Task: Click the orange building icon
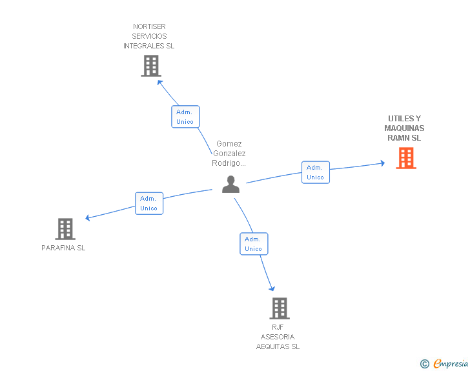click(406, 158)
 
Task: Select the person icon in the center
click(230, 185)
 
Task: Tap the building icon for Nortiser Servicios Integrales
click(151, 66)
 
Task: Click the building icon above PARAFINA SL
click(65, 229)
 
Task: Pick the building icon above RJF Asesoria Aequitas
click(280, 308)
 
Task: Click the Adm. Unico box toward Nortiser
click(185, 117)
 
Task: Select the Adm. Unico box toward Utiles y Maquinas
click(315, 172)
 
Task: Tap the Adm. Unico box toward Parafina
click(149, 203)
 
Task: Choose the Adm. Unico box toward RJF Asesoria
click(254, 244)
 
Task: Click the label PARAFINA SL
click(63, 248)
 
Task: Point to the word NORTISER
click(149, 26)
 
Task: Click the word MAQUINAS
click(404, 128)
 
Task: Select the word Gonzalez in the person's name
click(229, 154)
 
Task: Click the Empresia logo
click(451, 363)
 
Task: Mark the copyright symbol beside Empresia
click(425, 364)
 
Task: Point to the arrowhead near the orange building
click(383, 163)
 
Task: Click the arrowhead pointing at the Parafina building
click(88, 218)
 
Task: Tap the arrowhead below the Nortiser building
click(159, 82)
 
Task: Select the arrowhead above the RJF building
click(272, 288)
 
